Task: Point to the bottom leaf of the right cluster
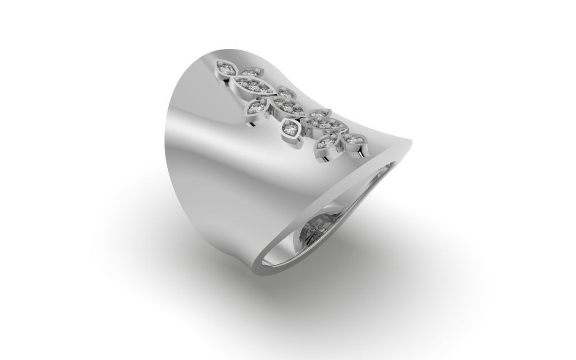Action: pos(327,142)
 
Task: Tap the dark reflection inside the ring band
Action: pos(315,228)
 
